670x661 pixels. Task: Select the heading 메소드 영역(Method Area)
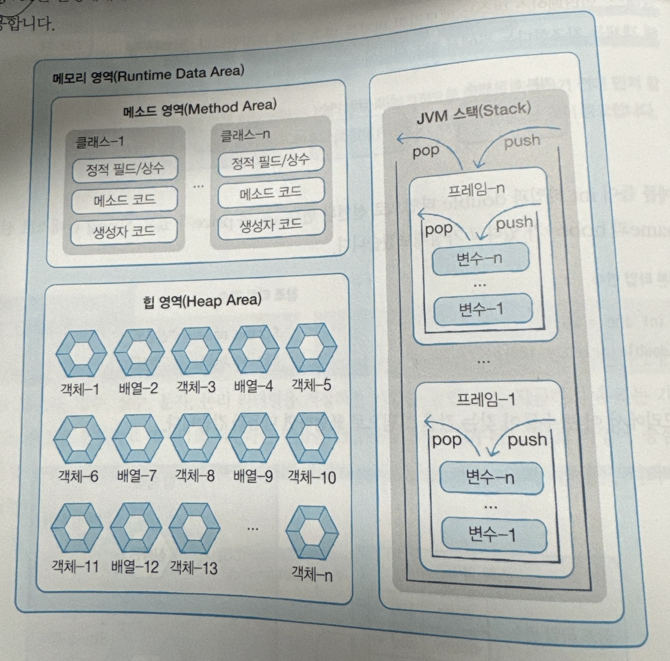click(200, 108)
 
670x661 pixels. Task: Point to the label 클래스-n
click(245, 135)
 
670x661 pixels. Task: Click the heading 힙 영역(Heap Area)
click(202, 301)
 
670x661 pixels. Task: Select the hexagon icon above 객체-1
click(81, 353)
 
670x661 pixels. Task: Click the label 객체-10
click(312, 477)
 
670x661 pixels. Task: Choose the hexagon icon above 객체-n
click(312, 533)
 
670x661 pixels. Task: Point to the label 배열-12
click(135, 567)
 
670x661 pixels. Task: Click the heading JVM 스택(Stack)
click(474, 113)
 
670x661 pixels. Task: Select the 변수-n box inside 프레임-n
click(480, 258)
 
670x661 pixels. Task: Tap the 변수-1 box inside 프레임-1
click(494, 534)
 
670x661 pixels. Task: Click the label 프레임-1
click(486, 400)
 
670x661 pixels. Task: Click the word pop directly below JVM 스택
click(425, 151)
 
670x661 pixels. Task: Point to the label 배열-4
click(253, 386)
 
